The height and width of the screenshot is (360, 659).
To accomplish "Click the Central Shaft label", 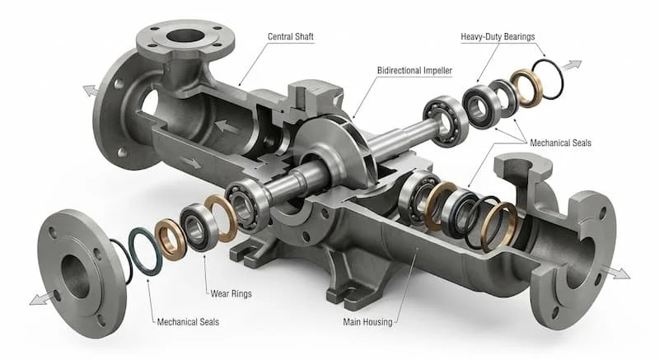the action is [x=291, y=36].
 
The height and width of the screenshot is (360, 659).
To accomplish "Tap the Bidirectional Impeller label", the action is [x=414, y=70].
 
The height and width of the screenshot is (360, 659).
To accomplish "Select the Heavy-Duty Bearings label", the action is [x=498, y=36].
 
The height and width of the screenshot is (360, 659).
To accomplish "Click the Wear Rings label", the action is [x=231, y=293].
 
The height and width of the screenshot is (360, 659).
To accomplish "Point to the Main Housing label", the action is [x=367, y=322].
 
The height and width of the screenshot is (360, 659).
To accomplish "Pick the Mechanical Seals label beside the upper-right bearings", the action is [x=560, y=143].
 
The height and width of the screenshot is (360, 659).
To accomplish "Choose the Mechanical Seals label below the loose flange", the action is [x=188, y=322].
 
